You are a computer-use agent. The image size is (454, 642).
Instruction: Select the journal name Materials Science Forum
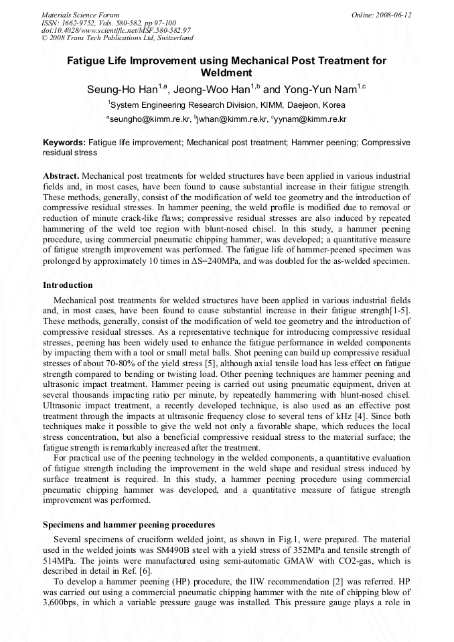[x=80, y=15]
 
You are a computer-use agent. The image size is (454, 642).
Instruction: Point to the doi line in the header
[x=116, y=30]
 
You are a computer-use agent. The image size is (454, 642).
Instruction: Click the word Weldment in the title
[x=226, y=72]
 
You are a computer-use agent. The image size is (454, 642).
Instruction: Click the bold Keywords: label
[x=64, y=143]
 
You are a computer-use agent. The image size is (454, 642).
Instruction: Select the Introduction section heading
[x=68, y=285]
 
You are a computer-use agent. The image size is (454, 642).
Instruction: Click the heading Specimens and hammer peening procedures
[x=129, y=524]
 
